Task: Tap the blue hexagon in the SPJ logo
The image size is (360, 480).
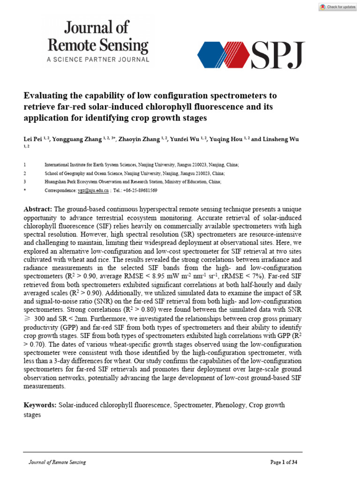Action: tap(214, 55)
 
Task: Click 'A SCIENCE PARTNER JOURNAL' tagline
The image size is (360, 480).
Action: tap(98, 60)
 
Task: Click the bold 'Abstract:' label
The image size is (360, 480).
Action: tap(38, 209)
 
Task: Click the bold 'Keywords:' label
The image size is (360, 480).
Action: tap(40, 405)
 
